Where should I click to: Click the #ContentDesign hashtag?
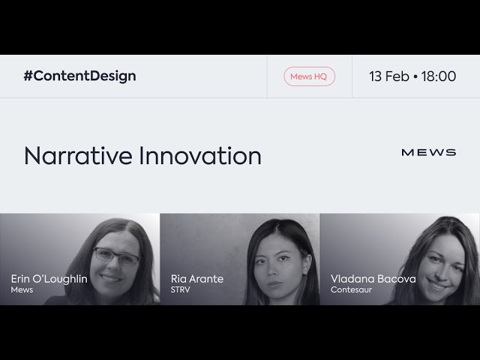(x=80, y=76)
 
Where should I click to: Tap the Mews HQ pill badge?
(x=309, y=76)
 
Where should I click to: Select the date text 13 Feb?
(x=389, y=76)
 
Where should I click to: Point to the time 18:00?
(x=439, y=76)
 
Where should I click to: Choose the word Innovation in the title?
(x=200, y=156)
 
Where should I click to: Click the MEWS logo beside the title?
(x=428, y=152)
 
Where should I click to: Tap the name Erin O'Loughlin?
(x=49, y=279)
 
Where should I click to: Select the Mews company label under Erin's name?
(x=22, y=290)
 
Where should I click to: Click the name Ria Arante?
(x=197, y=279)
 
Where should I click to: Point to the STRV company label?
(x=181, y=290)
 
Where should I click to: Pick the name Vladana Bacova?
(x=373, y=279)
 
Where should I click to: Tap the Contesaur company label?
(x=351, y=290)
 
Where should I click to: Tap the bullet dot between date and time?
(x=415, y=76)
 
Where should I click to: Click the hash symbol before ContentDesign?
(x=28, y=76)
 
